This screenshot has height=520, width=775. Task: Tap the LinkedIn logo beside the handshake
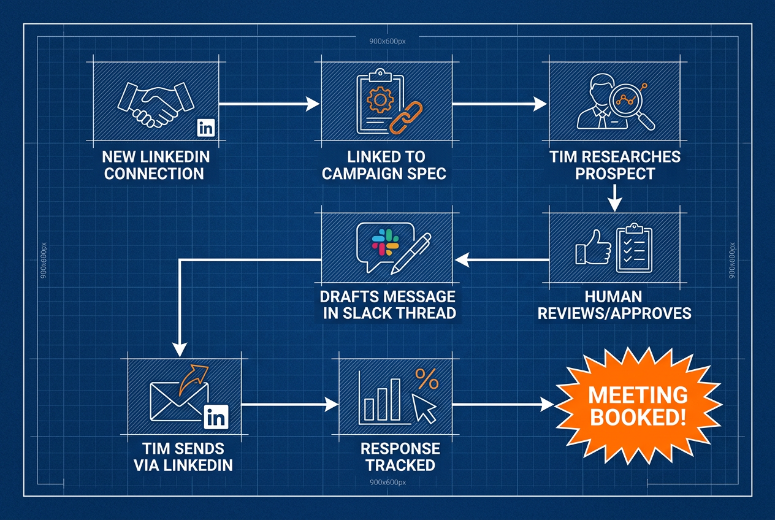[205, 128]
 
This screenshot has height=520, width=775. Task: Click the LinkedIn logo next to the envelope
[216, 418]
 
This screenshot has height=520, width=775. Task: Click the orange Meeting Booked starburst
[638, 405]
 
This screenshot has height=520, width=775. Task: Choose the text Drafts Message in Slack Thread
[388, 305]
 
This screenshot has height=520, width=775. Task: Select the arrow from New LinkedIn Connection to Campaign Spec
[269, 105]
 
